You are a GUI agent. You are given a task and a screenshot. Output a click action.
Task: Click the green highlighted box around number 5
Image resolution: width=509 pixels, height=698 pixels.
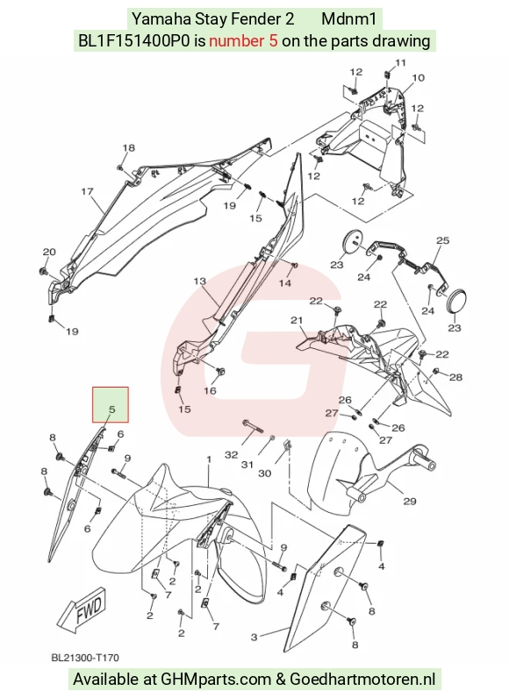pyautogui.click(x=111, y=404)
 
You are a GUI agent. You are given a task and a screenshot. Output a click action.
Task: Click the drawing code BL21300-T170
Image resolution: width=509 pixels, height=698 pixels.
pyautogui.click(x=85, y=658)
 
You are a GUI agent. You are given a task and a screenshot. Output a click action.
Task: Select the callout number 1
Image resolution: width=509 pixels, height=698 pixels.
pyautogui.click(x=208, y=459)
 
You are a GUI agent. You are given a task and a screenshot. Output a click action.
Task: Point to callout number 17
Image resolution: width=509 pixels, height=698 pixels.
pyautogui.click(x=87, y=192)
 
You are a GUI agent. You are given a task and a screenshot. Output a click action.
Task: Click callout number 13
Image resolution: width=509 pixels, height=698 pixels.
pyautogui.click(x=200, y=281)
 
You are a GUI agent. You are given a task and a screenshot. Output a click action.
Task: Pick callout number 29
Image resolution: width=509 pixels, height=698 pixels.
pyautogui.click(x=410, y=502)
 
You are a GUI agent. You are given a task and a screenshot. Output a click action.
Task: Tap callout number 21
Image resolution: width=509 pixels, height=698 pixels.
pyautogui.click(x=297, y=320)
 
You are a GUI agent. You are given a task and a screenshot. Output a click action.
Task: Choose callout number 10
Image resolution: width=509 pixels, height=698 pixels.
pyautogui.click(x=418, y=78)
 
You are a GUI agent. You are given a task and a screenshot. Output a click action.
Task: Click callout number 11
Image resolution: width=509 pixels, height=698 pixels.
pyautogui.click(x=401, y=62)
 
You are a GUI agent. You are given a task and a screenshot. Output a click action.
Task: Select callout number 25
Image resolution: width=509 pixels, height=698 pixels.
pyautogui.click(x=443, y=240)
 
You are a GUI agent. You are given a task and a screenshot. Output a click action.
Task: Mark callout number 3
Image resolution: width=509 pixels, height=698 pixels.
pyautogui.click(x=254, y=637)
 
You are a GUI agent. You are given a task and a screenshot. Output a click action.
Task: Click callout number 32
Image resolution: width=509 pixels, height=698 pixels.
pyautogui.click(x=232, y=454)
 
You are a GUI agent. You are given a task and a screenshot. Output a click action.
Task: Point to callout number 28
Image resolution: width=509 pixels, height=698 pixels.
pyautogui.click(x=456, y=377)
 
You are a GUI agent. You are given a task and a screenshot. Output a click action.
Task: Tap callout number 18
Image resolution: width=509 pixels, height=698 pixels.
pyautogui.click(x=129, y=148)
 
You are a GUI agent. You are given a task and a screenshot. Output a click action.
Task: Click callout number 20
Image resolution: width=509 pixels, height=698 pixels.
pyautogui.click(x=49, y=252)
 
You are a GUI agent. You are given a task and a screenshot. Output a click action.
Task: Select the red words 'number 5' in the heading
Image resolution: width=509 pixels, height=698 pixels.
pyautogui.click(x=244, y=41)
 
